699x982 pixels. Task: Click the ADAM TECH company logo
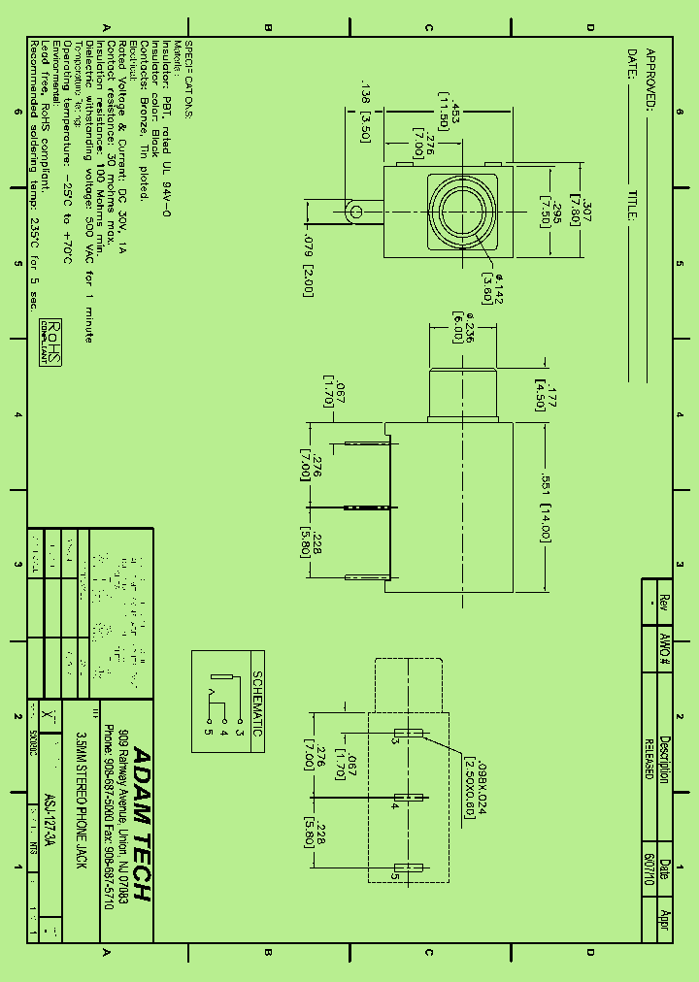click(140, 824)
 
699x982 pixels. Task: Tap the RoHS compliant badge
click(50, 343)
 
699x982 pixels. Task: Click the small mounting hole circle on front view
click(356, 211)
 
